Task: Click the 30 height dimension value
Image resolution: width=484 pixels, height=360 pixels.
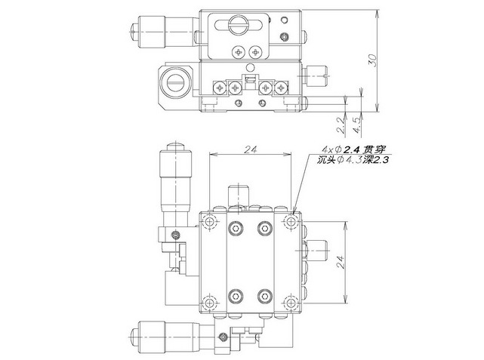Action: click(x=373, y=60)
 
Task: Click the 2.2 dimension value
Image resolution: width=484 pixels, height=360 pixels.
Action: click(x=340, y=125)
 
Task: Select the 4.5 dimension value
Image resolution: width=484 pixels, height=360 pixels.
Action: click(x=357, y=125)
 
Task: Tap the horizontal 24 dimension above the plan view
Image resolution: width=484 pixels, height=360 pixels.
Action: click(x=251, y=149)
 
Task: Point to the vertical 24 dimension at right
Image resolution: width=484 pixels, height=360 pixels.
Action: click(x=340, y=262)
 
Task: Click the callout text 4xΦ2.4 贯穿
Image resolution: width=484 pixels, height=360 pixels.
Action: click(x=353, y=150)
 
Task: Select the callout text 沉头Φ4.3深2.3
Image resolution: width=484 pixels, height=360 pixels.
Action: click(x=352, y=160)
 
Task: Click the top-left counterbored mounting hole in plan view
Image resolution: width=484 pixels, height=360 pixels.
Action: click(x=210, y=221)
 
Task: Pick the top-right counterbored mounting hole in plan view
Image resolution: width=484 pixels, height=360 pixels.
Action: click(x=291, y=221)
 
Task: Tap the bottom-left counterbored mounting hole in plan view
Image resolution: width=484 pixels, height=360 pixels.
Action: click(x=210, y=303)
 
